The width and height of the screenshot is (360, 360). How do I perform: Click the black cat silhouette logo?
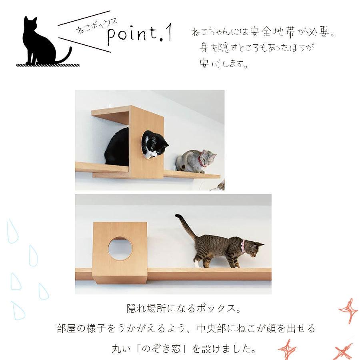tap(40, 42)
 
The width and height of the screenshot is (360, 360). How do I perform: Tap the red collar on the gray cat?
tap(201, 162)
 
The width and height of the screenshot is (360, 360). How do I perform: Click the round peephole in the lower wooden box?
tap(120, 248)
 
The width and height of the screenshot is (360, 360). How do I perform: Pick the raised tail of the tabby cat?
tap(184, 224)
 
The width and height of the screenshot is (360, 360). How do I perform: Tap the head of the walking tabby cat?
tap(253, 248)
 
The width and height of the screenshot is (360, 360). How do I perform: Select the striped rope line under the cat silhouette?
tap(48, 64)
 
